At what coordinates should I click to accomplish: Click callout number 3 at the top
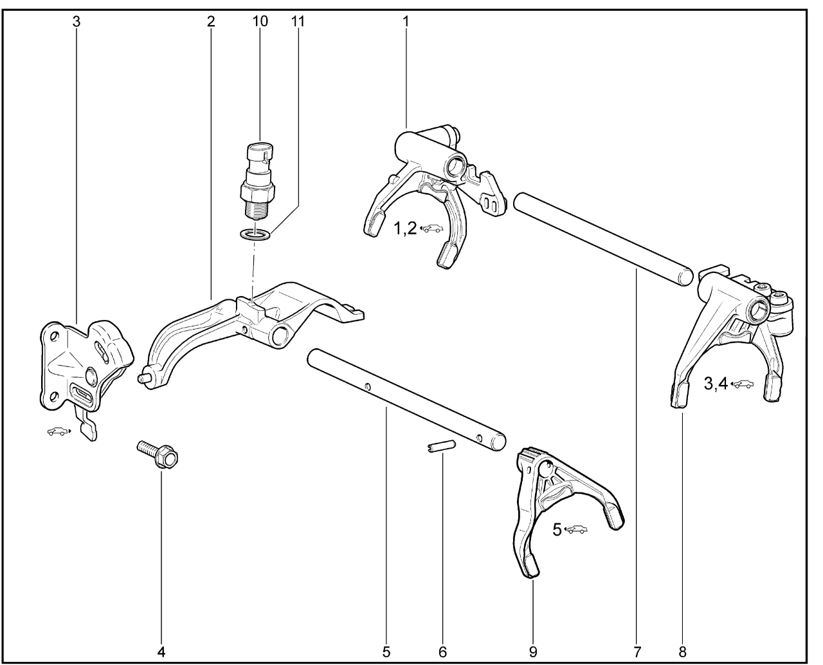tap(76, 22)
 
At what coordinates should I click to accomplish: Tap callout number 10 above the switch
tap(260, 21)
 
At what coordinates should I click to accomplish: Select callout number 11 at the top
tap(298, 21)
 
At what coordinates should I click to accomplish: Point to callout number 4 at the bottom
tap(161, 652)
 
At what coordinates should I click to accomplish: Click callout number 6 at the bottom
tap(443, 652)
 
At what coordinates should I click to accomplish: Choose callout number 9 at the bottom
tap(533, 652)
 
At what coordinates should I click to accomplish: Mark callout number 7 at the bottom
tap(637, 652)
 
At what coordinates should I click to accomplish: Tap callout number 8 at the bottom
tap(682, 652)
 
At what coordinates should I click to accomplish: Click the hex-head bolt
tap(158, 455)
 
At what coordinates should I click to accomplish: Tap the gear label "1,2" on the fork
tap(405, 229)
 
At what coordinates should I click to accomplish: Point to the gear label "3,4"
tap(716, 384)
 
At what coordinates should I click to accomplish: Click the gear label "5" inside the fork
tap(557, 530)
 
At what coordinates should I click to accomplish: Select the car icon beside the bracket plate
tap(59, 431)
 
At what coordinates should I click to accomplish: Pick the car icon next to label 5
tap(575, 529)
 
